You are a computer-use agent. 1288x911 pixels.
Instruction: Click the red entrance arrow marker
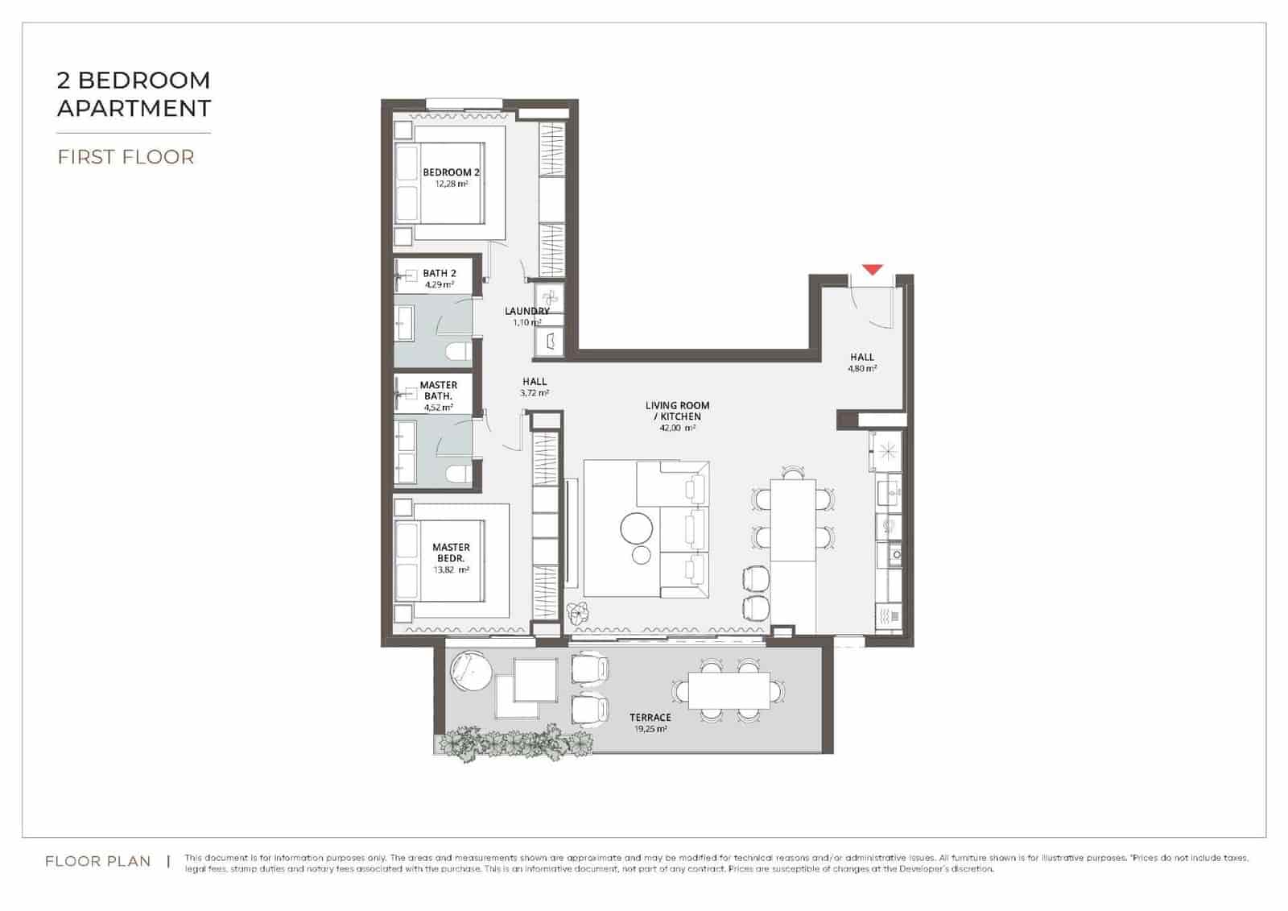(x=873, y=270)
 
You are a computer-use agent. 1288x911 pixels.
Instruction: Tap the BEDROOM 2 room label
(x=451, y=172)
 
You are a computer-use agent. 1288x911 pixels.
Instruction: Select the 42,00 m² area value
(x=677, y=429)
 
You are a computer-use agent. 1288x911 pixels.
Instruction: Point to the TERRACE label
(x=650, y=718)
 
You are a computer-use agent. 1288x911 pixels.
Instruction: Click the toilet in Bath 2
(x=458, y=352)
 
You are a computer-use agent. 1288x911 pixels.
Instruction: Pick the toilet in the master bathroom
(x=458, y=474)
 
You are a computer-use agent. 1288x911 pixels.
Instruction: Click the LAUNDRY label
(x=527, y=311)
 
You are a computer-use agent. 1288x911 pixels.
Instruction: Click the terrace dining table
(x=729, y=690)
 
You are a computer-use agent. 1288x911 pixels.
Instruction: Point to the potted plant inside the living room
(x=576, y=614)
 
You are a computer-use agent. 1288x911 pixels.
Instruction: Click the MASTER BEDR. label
(x=451, y=553)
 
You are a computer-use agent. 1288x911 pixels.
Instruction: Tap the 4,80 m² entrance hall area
(x=861, y=369)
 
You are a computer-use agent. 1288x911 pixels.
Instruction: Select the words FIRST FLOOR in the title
(x=126, y=156)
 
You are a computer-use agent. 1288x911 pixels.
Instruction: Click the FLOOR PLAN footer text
(x=97, y=861)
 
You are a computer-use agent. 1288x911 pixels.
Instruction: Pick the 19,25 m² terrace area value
(x=650, y=729)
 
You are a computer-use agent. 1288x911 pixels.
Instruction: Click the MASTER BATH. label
(x=439, y=391)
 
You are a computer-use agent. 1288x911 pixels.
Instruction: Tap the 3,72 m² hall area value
(x=535, y=393)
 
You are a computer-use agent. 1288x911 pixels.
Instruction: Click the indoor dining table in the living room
(x=793, y=520)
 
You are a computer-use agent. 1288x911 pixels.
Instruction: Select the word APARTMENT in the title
(x=134, y=108)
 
